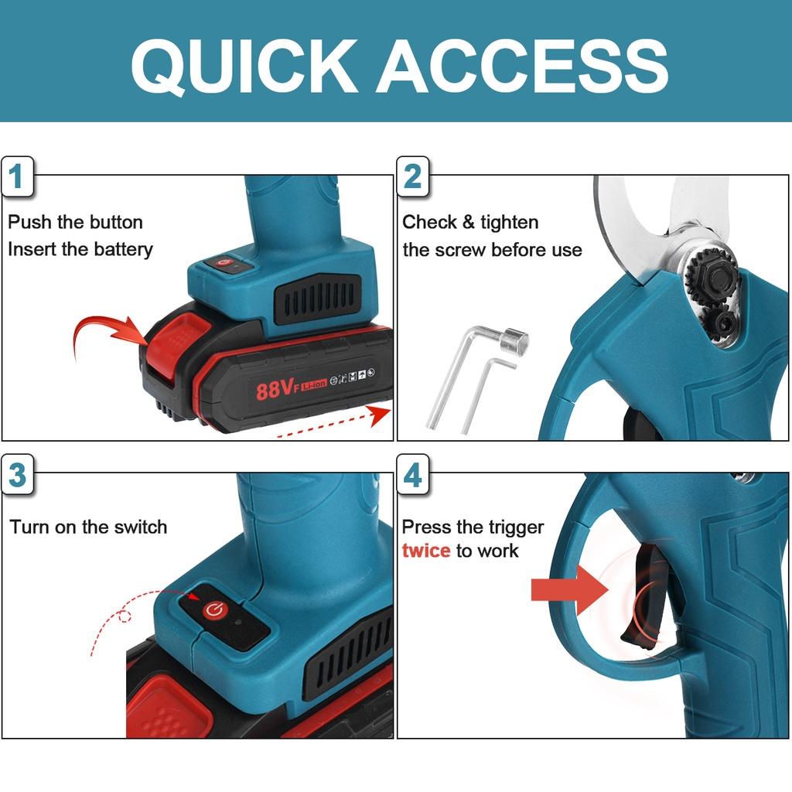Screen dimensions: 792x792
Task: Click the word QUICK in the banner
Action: click(245, 67)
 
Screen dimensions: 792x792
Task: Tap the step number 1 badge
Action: click(17, 176)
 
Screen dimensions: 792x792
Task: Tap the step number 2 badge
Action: click(413, 176)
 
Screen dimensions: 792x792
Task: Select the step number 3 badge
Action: click(17, 474)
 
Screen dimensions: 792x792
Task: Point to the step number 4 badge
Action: click(413, 474)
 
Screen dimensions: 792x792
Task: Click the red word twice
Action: click(426, 550)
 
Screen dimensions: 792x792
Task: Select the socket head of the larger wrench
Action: click(514, 340)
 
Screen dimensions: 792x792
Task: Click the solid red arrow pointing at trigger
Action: click(569, 589)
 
